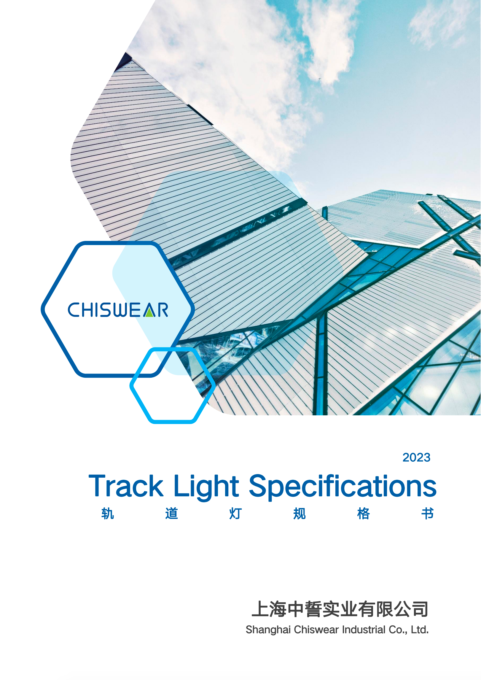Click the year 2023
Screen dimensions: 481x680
tap(416, 457)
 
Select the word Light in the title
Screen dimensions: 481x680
tap(206, 488)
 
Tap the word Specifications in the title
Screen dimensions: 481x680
tap(343, 488)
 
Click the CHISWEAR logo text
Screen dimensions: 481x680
tap(118, 310)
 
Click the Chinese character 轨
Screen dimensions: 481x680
tap(108, 514)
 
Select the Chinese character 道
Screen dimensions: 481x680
tap(172, 514)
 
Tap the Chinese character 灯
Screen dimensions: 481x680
tap(236, 514)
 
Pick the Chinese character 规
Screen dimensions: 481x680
tap(300, 514)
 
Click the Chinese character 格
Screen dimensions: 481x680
tap(364, 514)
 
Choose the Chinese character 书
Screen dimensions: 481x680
tap(428, 514)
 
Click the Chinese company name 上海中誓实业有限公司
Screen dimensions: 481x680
tap(340, 609)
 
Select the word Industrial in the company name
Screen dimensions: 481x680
tap(364, 630)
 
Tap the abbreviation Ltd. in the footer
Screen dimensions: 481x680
tap(420, 630)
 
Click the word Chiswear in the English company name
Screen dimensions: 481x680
tap(316, 630)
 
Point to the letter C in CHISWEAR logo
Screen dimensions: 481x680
tap(74, 310)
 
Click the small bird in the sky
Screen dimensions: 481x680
tap(320, 79)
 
